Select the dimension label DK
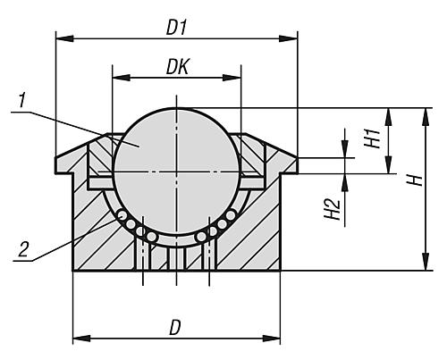(x=176, y=67)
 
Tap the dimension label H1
(x=375, y=139)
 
